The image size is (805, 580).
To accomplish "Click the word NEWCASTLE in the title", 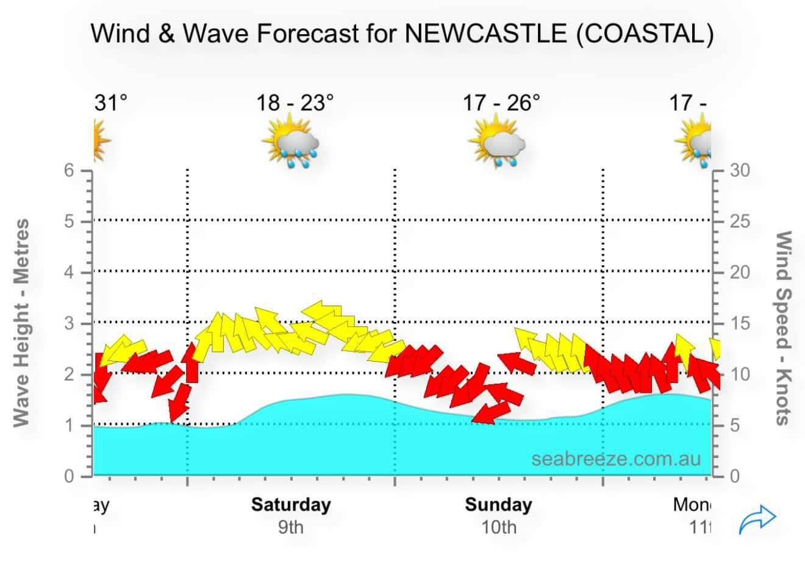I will (486, 33).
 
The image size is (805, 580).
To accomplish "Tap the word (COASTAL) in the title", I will (645, 33).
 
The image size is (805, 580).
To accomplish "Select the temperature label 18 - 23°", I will (295, 102).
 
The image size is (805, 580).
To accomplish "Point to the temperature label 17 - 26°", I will (501, 102).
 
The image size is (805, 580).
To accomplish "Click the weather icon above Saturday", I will (292, 141).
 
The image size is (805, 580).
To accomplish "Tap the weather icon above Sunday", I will (498, 141).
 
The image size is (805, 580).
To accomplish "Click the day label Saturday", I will (291, 504).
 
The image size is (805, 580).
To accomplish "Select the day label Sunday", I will (498, 504).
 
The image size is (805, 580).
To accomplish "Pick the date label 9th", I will (291, 526).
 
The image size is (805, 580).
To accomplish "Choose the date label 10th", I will (498, 526).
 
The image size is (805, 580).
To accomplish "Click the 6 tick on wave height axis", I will (70, 170).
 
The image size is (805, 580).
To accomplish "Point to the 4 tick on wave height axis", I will (70, 272).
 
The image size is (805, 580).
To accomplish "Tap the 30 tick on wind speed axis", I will (740, 170).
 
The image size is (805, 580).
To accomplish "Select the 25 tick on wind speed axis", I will (740, 221).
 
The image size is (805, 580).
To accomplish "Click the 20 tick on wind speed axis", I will (740, 272).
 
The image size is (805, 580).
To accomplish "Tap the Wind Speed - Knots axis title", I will (783, 328).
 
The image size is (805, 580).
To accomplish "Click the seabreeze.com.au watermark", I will (616, 458).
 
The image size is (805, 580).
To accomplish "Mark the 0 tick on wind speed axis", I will (735, 476).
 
